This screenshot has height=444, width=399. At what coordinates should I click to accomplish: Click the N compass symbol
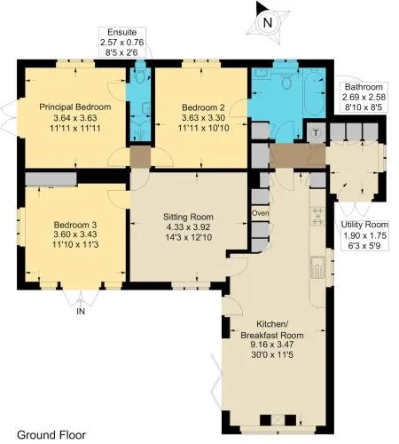coord(268,22)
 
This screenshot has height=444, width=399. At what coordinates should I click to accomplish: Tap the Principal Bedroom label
coord(75,107)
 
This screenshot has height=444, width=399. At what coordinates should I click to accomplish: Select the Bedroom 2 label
coord(203,107)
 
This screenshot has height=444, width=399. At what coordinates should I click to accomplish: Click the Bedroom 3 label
coord(75,224)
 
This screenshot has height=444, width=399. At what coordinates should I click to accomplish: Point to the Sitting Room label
coord(188,217)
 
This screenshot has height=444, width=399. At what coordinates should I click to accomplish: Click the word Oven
coord(261,213)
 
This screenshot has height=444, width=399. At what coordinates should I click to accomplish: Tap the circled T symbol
coord(316,133)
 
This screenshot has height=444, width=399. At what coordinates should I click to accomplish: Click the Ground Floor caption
coord(51,435)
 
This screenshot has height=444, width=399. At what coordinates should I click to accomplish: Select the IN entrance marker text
coord(81,312)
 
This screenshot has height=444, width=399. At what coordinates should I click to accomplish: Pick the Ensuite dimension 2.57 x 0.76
coord(122,42)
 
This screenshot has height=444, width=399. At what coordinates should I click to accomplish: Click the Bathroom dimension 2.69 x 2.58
coord(364,97)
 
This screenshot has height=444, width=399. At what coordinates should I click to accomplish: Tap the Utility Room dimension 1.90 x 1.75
coord(364,235)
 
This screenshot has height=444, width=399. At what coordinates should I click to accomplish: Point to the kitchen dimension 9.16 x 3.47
coord(272,345)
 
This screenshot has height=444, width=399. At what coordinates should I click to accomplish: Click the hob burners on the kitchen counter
coord(317,216)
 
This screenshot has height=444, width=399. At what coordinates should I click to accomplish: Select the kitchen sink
coord(318,267)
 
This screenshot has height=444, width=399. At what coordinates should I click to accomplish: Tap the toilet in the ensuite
coord(139,76)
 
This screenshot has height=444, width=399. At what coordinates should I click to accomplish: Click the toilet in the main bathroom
coord(286,81)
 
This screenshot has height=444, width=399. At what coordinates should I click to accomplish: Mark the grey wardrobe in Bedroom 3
coord(51,179)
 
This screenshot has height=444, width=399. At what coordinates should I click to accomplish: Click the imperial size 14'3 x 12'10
coord(189,237)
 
